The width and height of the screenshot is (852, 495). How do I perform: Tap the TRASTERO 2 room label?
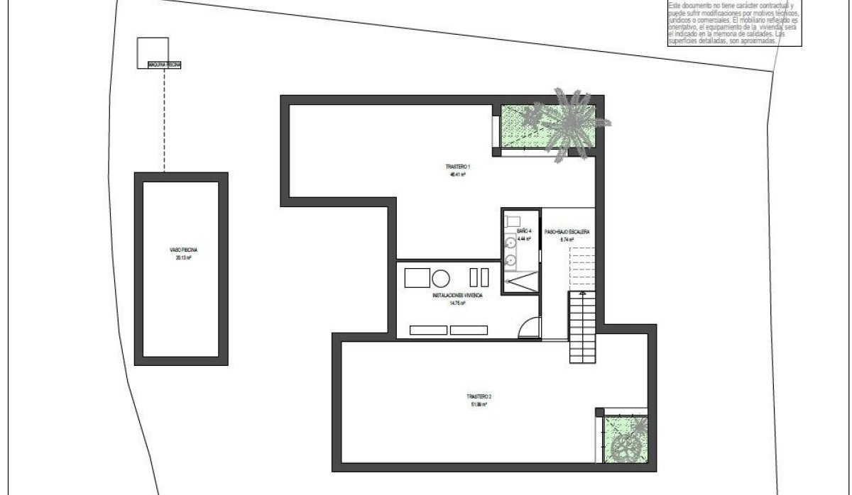pos(477,396)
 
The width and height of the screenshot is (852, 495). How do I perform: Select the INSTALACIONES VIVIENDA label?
pos(457,295)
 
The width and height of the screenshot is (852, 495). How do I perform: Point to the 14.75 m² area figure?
pos(457,303)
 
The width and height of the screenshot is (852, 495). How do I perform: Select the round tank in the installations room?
pos(440,277)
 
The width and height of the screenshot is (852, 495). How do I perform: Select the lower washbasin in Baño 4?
pos(511,261)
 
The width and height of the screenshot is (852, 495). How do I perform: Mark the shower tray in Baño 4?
pos(521,283)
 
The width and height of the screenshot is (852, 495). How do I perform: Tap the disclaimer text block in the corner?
pos(733,23)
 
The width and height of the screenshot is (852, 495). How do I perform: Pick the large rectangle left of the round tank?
pos(417,277)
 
